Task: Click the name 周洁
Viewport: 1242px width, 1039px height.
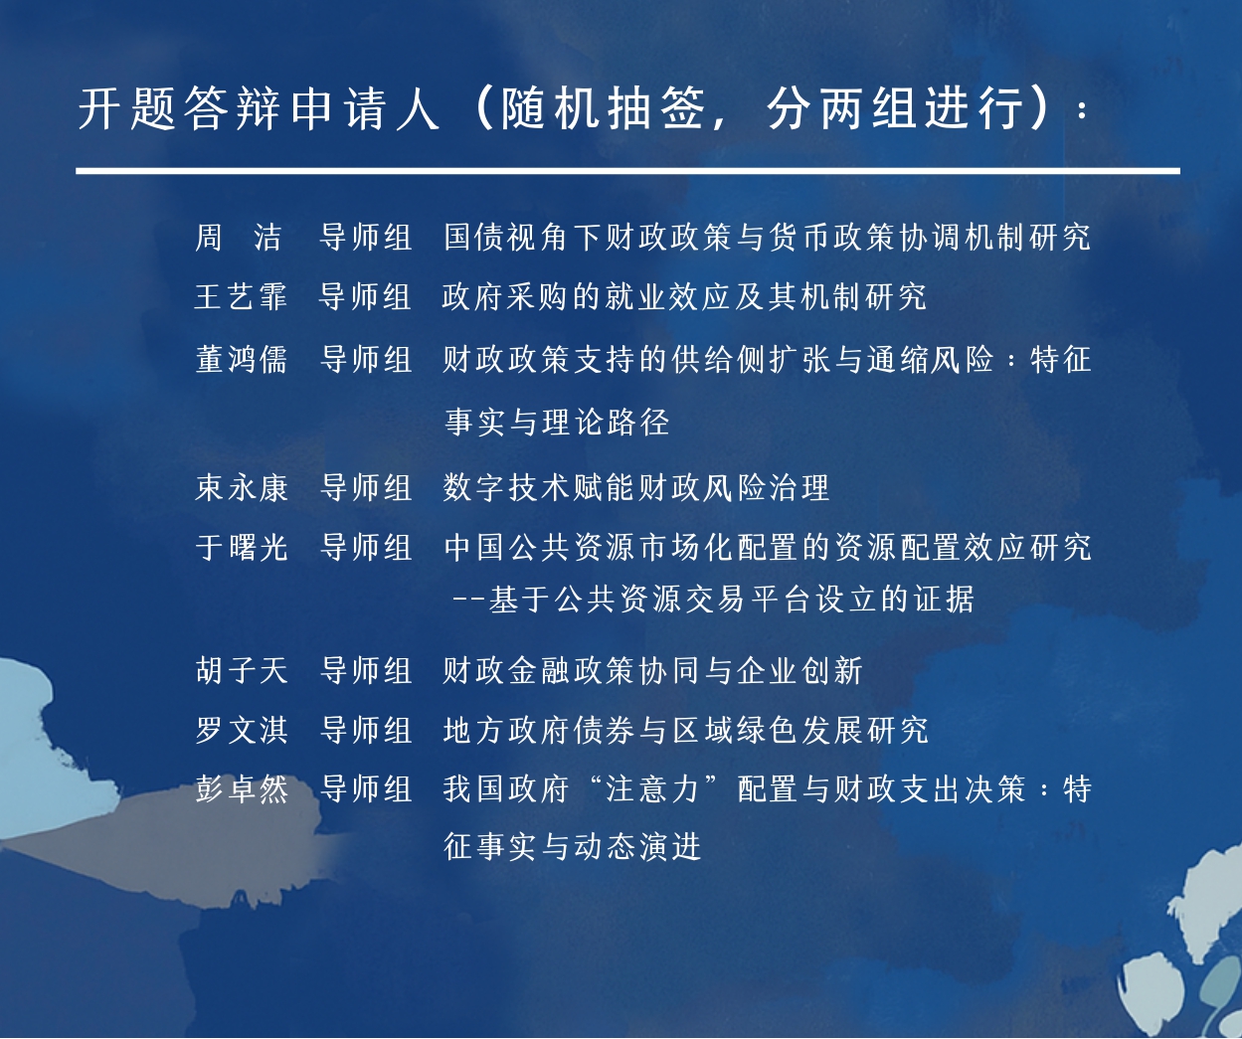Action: click(239, 237)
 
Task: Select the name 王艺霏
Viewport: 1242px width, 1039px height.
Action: click(241, 296)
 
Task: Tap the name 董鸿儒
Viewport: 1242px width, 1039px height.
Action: click(242, 359)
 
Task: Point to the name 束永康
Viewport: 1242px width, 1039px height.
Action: click(242, 487)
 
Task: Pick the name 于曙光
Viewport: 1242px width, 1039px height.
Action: click(242, 547)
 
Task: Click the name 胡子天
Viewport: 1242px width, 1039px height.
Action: click(242, 670)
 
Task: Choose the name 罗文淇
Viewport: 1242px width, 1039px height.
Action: click(242, 730)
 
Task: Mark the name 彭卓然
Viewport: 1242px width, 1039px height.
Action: click(242, 789)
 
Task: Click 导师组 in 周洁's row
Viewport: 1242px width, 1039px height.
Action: click(366, 237)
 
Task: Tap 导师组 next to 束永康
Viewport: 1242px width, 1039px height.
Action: click(366, 487)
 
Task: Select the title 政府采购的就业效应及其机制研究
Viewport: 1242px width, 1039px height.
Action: click(684, 296)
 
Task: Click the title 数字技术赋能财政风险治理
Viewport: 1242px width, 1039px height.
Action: click(635, 487)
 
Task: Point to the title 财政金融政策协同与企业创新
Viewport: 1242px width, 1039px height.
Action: click(652, 670)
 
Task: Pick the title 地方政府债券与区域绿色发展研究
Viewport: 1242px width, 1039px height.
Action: click(685, 730)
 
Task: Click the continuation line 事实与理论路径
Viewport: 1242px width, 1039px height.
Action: click(557, 422)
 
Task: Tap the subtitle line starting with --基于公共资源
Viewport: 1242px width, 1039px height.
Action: click(713, 599)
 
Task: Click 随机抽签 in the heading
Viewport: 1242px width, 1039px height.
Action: click(604, 108)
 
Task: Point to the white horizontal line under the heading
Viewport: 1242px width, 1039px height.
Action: click(627, 171)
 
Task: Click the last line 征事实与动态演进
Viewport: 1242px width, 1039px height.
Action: click(572, 846)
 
